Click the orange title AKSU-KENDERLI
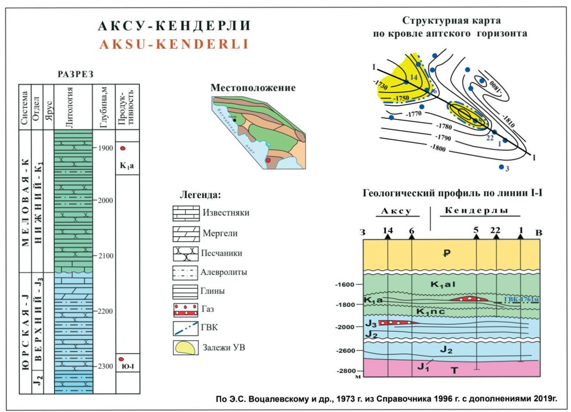[x=173, y=44]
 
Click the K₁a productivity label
[x=126, y=166]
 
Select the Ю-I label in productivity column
[x=127, y=368]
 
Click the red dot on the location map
[x=268, y=160]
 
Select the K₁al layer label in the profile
[x=441, y=284]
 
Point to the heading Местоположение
[x=253, y=87]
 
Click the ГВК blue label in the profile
[x=522, y=300]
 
